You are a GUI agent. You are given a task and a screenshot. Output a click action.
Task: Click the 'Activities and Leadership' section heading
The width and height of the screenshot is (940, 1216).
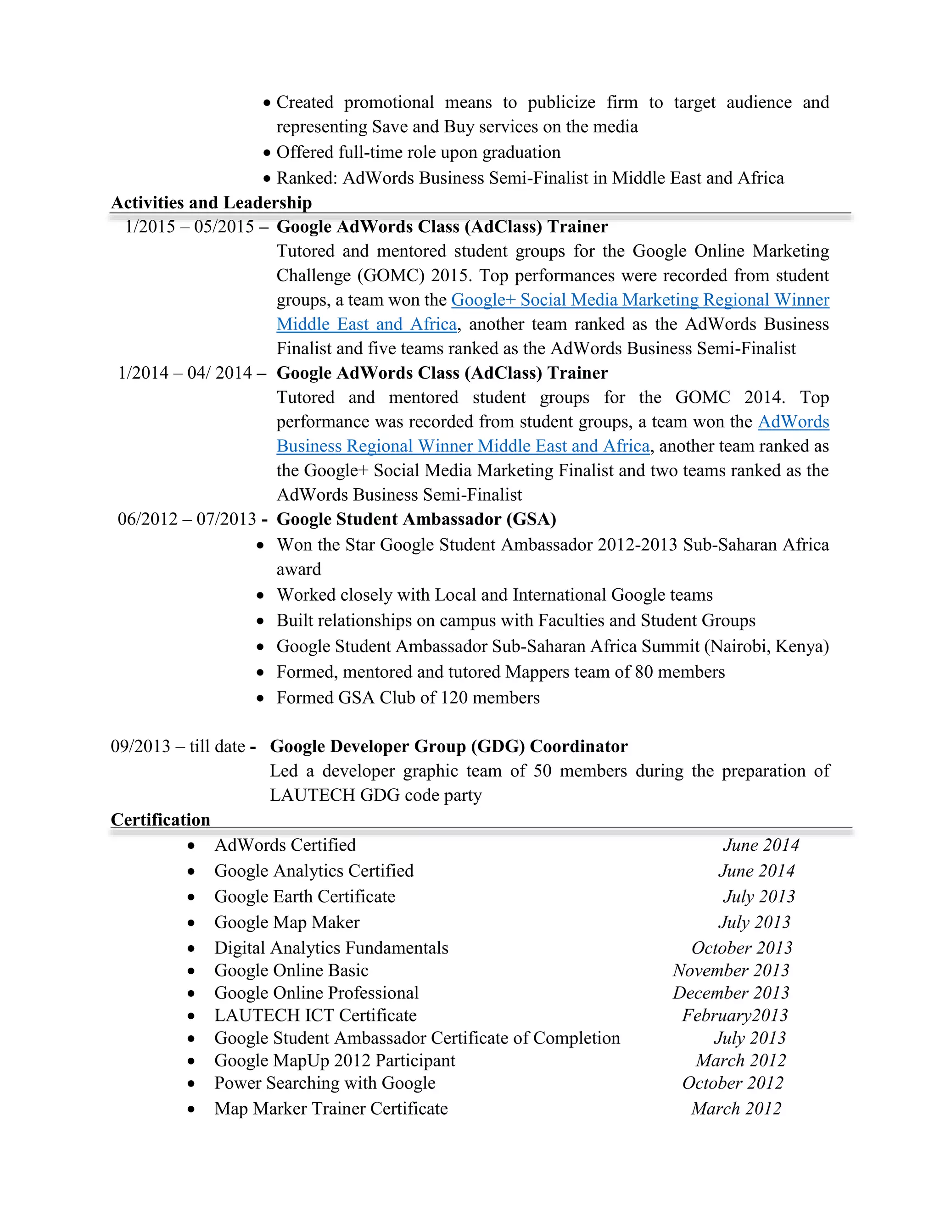pos(211,203)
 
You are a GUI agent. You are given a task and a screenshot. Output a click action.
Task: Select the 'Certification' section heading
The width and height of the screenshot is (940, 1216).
pos(160,820)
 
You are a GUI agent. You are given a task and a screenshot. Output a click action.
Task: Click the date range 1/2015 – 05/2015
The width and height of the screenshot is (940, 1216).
pos(190,227)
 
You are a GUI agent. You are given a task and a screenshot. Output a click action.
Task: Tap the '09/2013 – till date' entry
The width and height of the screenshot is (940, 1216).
pos(178,746)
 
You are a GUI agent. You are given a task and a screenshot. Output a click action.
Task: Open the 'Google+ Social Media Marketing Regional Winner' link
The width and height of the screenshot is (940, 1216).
pos(640,300)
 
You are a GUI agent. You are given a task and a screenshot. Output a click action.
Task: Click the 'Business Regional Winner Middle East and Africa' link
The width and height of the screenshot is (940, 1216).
pos(463,446)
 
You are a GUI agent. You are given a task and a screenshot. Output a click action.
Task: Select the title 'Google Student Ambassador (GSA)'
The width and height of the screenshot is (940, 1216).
pos(416,519)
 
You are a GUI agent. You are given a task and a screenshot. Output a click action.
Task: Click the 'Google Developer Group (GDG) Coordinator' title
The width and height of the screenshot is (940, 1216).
pos(448,746)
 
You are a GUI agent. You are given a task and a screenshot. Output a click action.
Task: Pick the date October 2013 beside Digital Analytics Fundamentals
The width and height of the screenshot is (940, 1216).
pos(742,948)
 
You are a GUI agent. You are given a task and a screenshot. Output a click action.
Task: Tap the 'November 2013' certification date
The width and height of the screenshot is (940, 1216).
pos(731,971)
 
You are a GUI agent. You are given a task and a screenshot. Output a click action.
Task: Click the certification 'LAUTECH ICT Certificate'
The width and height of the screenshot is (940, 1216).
pos(315,1015)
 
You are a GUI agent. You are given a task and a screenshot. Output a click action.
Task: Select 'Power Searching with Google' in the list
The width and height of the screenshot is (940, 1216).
pos(325,1083)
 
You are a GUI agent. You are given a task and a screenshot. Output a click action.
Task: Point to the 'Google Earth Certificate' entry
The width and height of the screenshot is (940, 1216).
pos(305,897)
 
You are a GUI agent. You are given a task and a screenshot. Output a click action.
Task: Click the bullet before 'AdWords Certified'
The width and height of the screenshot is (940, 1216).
pos(191,846)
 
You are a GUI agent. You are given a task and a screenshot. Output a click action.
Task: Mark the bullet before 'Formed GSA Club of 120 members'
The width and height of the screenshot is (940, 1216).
pos(260,698)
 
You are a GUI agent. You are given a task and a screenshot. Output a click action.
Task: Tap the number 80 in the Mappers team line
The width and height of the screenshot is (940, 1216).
pos(643,672)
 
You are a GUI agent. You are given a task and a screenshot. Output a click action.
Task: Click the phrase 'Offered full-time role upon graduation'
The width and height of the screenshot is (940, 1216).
pos(418,152)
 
